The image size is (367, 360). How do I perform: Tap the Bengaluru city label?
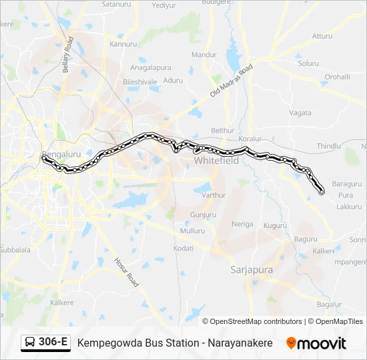(x=61, y=154)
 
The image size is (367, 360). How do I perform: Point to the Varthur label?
(x=214, y=195)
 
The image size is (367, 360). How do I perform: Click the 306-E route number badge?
(x=53, y=343)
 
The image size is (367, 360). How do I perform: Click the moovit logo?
(x=316, y=343)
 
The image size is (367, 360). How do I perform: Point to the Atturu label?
(x=322, y=36)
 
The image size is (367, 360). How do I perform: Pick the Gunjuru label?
(x=203, y=215)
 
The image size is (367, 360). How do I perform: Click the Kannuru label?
(x=123, y=44)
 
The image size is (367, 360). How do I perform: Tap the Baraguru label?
(x=346, y=183)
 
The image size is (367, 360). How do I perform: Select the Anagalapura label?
(x=151, y=68)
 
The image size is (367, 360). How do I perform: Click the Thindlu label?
(x=328, y=146)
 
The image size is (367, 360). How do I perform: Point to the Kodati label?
(x=183, y=248)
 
